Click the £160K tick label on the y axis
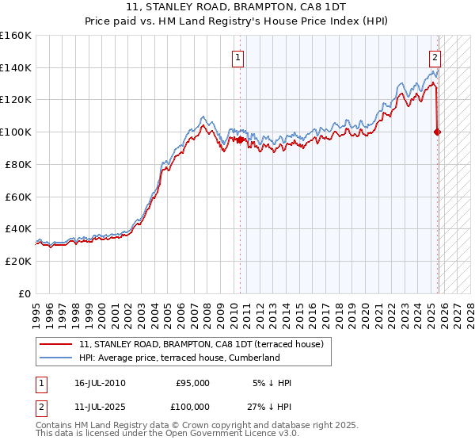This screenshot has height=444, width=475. (16, 36)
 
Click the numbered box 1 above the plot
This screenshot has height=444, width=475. (238, 56)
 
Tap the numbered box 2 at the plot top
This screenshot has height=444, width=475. (435, 56)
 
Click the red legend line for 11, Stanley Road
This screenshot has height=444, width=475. (57, 345)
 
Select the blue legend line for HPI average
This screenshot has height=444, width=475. (57, 358)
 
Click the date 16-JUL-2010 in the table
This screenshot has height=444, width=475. (100, 383)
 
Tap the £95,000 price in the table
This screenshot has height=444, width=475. (192, 383)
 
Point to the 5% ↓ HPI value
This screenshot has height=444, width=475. (272, 383)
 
